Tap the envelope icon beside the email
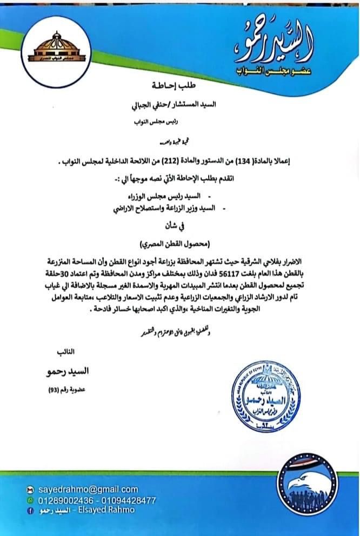(30, 490)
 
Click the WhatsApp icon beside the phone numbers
(30, 500)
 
